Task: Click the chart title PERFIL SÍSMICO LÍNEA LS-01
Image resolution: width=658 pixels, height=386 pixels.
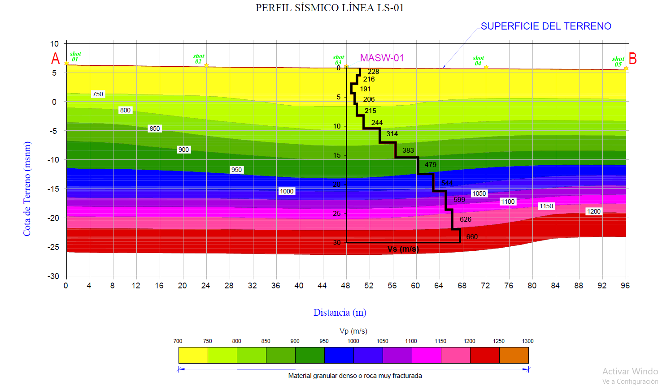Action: point(329,8)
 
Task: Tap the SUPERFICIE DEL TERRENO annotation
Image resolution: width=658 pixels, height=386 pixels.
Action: point(545,26)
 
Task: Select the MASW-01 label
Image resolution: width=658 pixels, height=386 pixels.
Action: point(382,58)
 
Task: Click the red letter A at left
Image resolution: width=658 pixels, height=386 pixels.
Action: point(55,59)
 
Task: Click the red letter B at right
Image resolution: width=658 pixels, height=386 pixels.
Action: point(632,59)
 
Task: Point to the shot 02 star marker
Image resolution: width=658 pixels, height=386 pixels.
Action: point(206,65)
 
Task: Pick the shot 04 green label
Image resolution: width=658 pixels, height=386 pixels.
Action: point(478,60)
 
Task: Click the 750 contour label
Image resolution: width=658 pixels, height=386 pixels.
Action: point(97,94)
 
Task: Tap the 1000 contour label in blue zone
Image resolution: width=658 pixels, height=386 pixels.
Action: point(287,191)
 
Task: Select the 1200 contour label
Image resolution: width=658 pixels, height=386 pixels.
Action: point(593,211)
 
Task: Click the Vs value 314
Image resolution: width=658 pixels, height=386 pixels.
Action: point(392,133)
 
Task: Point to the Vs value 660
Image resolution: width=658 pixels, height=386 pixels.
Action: point(472,237)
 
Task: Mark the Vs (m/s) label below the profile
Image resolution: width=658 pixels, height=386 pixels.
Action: point(403,249)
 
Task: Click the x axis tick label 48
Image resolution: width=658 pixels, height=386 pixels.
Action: point(345,286)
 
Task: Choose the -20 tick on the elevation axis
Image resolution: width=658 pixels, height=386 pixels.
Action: point(53,218)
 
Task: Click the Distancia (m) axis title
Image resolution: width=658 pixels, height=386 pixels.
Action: point(340,313)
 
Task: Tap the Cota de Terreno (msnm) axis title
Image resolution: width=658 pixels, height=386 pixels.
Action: point(27,189)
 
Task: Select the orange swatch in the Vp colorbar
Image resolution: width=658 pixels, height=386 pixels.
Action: point(514,355)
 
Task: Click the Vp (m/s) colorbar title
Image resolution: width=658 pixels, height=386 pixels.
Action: point(353,331)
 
